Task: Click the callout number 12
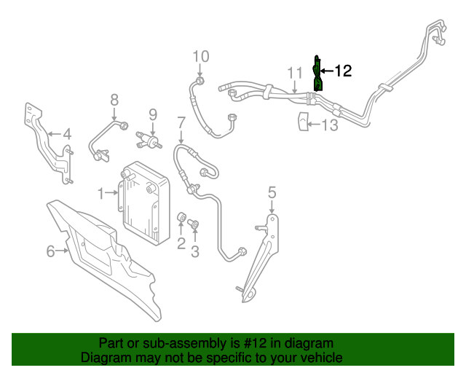[x=343, y=71]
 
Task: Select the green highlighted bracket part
[x=318, y=73]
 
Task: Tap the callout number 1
[x=101, y=193]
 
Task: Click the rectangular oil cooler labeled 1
[x=143, y=201]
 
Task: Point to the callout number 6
[x=50, y=251]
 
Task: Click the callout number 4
[x=66, y=134]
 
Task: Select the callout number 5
[x=272, y=192]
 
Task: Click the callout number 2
[x=181, y=243]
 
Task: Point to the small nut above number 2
[x=182, y=217]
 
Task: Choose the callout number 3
[x=194, y=252]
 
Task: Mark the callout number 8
[x=114, y=99]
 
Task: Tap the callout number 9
[x=153, y=114]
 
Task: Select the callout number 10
[x=200, y=56]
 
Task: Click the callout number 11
[x=293, y=73]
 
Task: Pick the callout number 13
[x=330, y=125]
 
